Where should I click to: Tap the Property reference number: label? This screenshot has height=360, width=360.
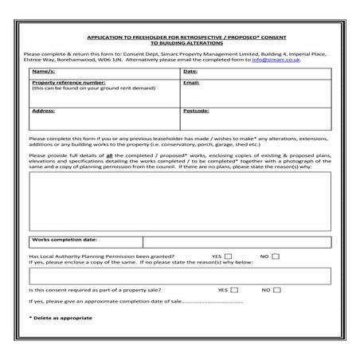click(68, 82)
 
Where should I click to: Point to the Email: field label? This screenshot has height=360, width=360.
click(191, 82)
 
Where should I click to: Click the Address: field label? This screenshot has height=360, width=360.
click(44, 111)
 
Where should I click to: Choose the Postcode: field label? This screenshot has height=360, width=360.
click(196, 111)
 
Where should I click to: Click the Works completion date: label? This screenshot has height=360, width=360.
click(65, 239)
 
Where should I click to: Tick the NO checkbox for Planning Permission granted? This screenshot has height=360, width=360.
click(276, 256)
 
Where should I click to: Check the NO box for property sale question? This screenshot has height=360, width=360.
click(276, 290)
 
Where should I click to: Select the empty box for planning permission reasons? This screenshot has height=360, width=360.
click(180, 276)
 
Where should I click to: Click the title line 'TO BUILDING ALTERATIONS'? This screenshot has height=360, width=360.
click(179, 43)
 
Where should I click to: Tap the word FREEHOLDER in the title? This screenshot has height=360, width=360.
click(147, 37)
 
